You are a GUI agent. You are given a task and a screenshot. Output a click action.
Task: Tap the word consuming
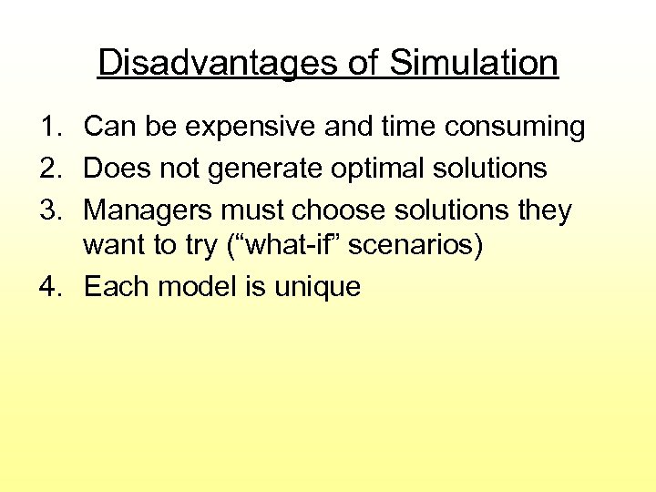click(x=515, y=128)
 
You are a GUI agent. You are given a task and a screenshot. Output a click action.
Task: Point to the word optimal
click(x=383, y=169)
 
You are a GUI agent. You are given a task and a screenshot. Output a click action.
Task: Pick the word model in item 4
click(x=198, y=288)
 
